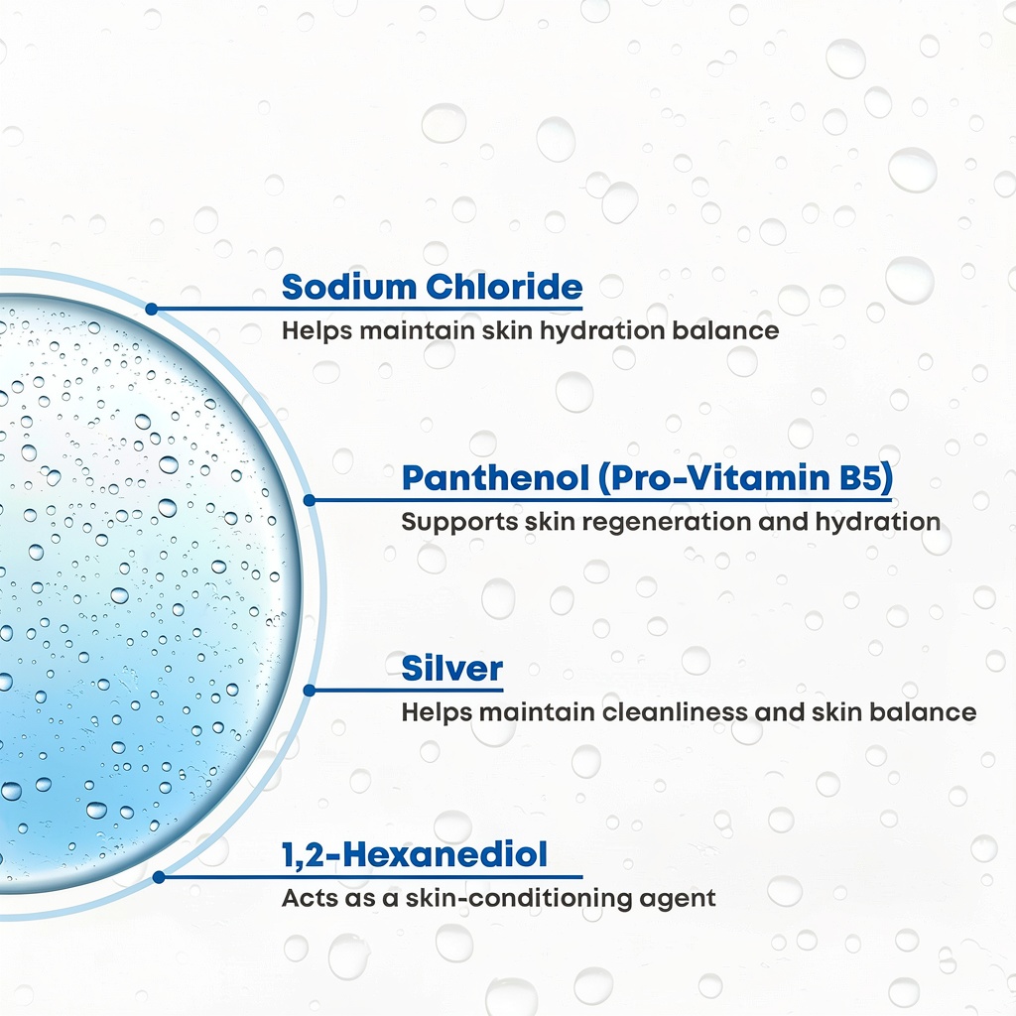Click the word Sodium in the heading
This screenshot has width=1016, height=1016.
(349, 287)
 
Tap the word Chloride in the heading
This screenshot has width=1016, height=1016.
(504, 287)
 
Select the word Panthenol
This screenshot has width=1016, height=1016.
(495, 478)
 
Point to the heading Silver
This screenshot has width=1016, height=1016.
(452, 669)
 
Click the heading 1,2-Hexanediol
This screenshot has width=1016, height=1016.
(415, 854)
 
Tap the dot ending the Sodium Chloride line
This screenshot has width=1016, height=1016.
(152, 310)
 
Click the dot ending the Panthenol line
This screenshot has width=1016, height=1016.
(310, 500)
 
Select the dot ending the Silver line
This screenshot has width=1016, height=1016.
(310, 691)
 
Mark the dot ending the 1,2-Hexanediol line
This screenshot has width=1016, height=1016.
(159, 877)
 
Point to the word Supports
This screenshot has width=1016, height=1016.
(459, 523)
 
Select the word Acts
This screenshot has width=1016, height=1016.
(306, 898)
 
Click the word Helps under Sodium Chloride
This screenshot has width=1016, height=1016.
(317, 331)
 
